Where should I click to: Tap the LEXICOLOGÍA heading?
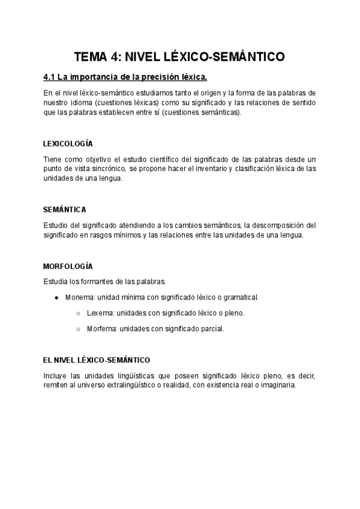[x=68, y=143]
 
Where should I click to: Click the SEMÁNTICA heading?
[x=65, y=209]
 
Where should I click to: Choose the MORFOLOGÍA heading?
[x=68, y=266]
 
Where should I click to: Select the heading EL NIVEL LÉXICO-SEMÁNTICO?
[x=96, y=360]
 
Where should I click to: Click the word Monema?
[x=78, y=297]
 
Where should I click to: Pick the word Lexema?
[x=100, y=313]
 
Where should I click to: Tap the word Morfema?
[x=101, y=328]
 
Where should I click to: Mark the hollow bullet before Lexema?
[x=78, y=313]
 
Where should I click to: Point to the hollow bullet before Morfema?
[x=78, y=328]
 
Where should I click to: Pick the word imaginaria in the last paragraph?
[x=276, y=385]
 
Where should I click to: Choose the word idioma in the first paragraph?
[x=80, y=103]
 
